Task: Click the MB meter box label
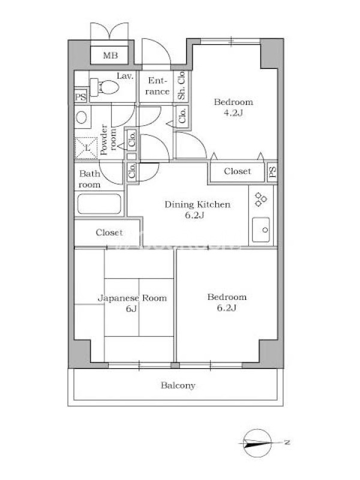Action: pos(110,55)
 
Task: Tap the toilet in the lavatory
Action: pos(104,86)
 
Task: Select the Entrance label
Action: pos(157,86)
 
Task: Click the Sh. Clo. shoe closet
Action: pos(181,86)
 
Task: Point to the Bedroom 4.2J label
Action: pos(233,107)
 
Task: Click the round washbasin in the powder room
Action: pos(82,117)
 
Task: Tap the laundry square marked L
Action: pos(86,148)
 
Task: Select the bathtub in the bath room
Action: pos(99,204)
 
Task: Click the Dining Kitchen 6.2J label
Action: pos(197,209)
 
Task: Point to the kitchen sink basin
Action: pos(261,230)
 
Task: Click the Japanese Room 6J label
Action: pos(132,303)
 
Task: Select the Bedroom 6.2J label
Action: pos(227,302)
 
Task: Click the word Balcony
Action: pos(178,385)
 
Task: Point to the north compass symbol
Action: pos(257,443)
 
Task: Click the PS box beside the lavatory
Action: pos(80,97)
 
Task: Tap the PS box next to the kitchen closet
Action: pos(272,172)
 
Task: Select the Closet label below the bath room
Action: pos(109,232)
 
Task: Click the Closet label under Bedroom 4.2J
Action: pos(237,171)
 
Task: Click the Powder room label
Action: pos(109,140)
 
